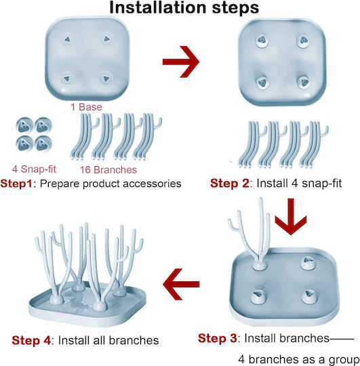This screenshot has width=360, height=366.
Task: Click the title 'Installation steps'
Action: click(184, 7)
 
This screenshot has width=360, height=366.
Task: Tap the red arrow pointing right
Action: click(181, 62)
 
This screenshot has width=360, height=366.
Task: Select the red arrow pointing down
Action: click(291, 216)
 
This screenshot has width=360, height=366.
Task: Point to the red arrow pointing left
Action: click(181, 284)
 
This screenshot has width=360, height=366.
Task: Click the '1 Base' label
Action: click(86, 107)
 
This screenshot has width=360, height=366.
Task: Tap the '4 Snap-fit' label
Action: click(34, 169)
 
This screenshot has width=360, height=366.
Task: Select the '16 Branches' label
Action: click(108, 169)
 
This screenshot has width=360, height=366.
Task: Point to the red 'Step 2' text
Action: click(230, 183)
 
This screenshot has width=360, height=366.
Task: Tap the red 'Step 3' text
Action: click(218, 338)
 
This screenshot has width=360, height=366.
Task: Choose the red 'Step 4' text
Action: click(31, 340)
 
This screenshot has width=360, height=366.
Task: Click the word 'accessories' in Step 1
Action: click(152, 184)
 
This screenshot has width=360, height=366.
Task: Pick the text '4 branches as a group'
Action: click(298, 359)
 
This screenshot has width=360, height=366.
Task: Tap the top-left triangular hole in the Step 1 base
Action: click(67, 39)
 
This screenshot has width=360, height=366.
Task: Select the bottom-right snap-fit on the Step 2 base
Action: click(304, 82)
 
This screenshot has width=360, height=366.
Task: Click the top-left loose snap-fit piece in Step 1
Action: click(24, 125)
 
